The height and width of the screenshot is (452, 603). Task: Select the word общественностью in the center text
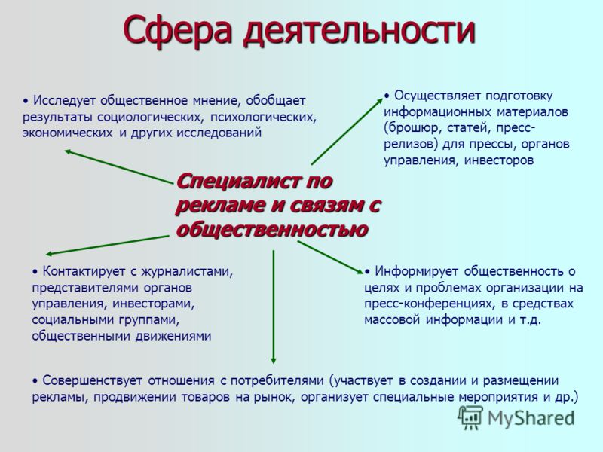[272, 230]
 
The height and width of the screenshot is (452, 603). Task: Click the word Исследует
[63, 101]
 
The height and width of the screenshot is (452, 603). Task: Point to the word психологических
[263, 117]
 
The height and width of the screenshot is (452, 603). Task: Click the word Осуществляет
[436, 96]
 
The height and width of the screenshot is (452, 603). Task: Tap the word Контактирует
[84, 271]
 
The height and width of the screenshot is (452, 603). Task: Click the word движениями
[173, 336]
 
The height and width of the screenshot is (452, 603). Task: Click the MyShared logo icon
[470, 418]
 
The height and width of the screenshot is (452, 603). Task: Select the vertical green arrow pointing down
[274, 307]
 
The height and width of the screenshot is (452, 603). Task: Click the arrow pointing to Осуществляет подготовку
[347, 131]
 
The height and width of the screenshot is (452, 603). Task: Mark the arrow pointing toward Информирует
[331, 257]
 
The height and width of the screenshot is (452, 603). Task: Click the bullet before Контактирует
[35, 272]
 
